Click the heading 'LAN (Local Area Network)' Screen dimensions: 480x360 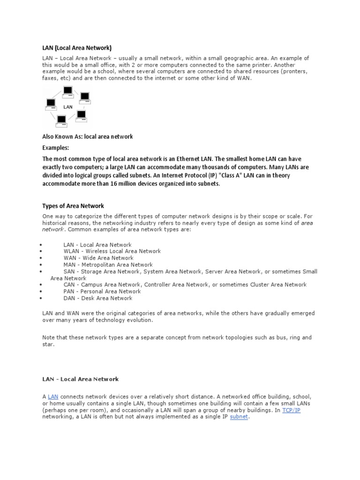(x=77, y=47)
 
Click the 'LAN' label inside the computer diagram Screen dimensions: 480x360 (x=67, y=107)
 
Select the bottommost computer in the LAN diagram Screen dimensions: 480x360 (x=61, y=120)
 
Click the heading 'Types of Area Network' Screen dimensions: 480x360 (x=73, y=206)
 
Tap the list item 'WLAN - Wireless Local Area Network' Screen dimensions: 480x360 (x=112, y=251)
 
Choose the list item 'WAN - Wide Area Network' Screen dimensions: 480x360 (x=98, y=258)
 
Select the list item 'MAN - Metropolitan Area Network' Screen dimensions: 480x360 (x=108, y=265)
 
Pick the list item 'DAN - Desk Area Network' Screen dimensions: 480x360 (x=97, y=298)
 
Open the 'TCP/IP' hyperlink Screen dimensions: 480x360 (x=291, y=410)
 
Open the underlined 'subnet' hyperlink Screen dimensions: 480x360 (x=239, y=416)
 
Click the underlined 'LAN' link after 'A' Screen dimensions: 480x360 (x=53, y=397)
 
